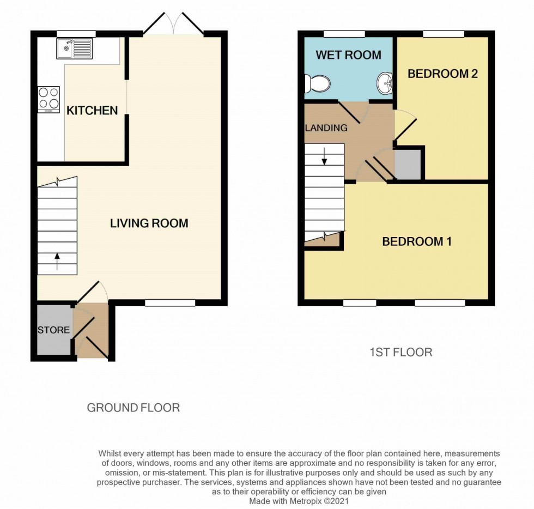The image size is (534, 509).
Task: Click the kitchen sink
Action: [x=74, y=49]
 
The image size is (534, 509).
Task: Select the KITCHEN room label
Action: [x=92, y=111]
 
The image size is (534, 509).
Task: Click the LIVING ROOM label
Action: [x=149, y=223]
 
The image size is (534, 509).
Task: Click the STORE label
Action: [x=53, y=330]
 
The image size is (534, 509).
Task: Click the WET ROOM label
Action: [x=348, y=55]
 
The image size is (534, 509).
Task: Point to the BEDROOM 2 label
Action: [x=442, y=74]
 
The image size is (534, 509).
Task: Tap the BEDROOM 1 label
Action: [x=416, y=241]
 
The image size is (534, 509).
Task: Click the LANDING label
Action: [x=326, y=128]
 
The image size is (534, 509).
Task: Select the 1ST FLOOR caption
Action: [x=400, y=352]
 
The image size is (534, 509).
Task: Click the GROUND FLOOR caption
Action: [x=133, y=408]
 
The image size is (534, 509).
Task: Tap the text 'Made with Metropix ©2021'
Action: [x=299, y=500]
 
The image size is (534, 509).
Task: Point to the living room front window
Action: [x=170, y=302]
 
